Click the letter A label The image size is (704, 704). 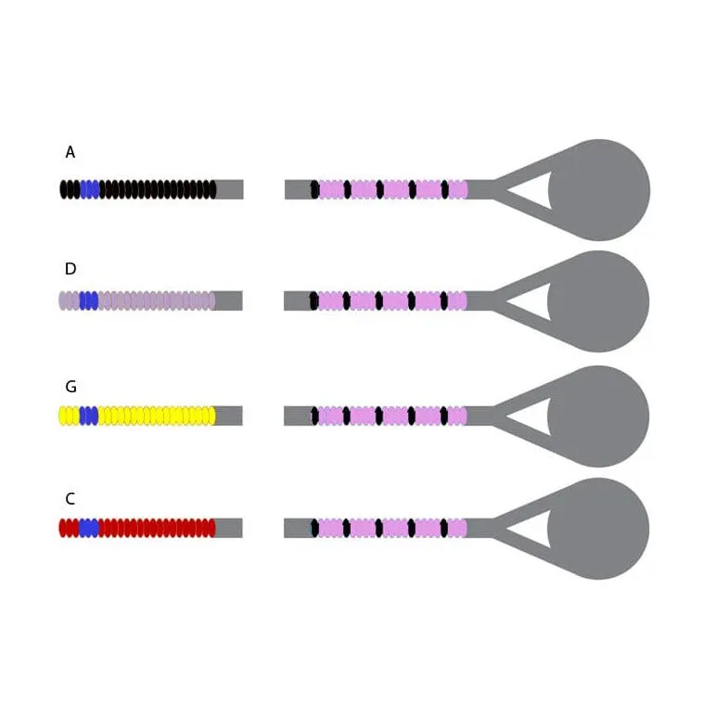coord(70,152)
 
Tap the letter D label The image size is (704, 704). coord(70,268)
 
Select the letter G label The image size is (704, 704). coord(70,386)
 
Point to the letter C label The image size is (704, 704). coord(70,498)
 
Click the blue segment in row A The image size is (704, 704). coord(90,189)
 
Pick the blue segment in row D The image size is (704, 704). coord(89,301)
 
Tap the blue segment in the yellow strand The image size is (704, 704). coord(89,416)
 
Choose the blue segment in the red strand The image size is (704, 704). coord(89,528)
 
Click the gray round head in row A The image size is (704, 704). coord(599,190)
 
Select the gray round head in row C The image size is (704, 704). coord(598,529)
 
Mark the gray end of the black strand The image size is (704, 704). coord(229,189)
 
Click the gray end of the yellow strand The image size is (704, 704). coord(228,416)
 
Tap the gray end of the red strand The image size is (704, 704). coord(228,528)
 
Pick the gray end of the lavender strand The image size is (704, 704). coord(228,301)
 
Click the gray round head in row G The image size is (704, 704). coord(598,416)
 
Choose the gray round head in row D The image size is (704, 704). coord(598,301)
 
